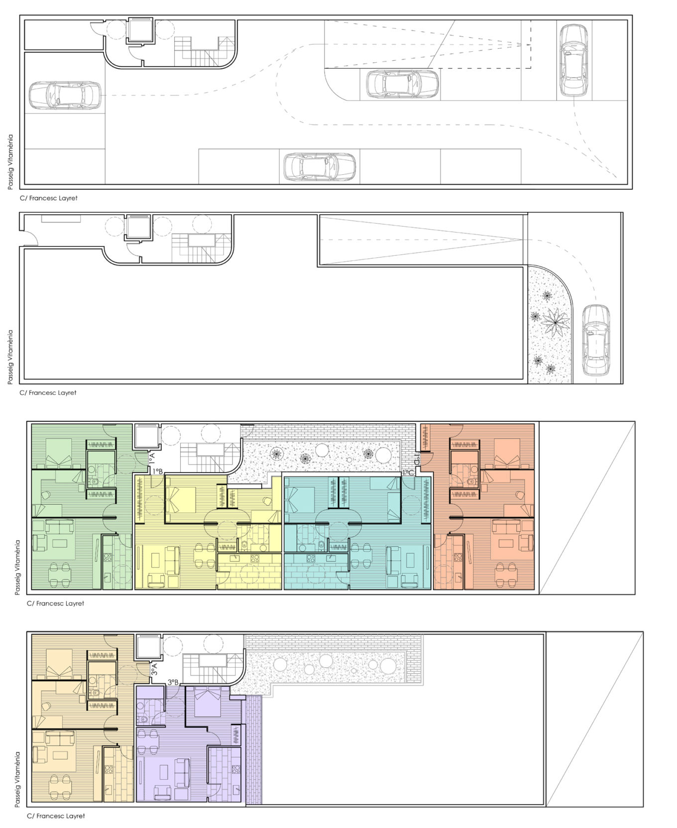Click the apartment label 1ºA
(152, 458)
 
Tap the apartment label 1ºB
(158, 471)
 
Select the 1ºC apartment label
(408, 473)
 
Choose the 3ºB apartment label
(173, 682)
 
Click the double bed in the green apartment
(59, 453)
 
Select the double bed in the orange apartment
(507, 453)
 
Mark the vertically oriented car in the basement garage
(573, 60)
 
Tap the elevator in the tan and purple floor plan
(149, 646)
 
